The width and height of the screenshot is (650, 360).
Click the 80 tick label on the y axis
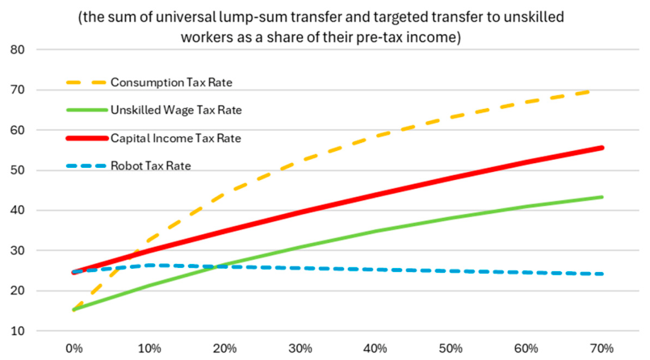point(17,50)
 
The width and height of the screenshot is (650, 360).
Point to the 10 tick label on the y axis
point(17,331)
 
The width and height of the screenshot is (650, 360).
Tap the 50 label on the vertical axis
point(17,170)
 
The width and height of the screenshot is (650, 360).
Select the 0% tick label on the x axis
point(74,349)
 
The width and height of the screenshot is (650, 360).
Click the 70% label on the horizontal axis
point(602,349)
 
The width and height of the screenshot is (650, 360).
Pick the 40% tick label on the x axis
point(375,349)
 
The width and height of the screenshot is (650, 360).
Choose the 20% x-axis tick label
point(224,349)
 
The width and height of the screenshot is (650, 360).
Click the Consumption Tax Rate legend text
point(171,82)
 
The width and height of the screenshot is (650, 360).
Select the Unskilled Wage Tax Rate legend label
point(176,111)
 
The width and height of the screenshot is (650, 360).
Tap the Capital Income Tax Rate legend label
point(175,138)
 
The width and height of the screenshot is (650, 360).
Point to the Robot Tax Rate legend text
point(150,165)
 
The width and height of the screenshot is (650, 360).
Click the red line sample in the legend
point(87,138)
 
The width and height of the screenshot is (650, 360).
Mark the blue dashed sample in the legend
point(87,165)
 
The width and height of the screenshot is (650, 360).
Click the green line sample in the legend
point(87,111)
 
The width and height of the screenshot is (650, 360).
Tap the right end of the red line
point(602,148)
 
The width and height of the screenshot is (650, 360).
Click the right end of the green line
point(602,197)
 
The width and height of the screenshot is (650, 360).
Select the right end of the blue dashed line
point(602,274)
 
